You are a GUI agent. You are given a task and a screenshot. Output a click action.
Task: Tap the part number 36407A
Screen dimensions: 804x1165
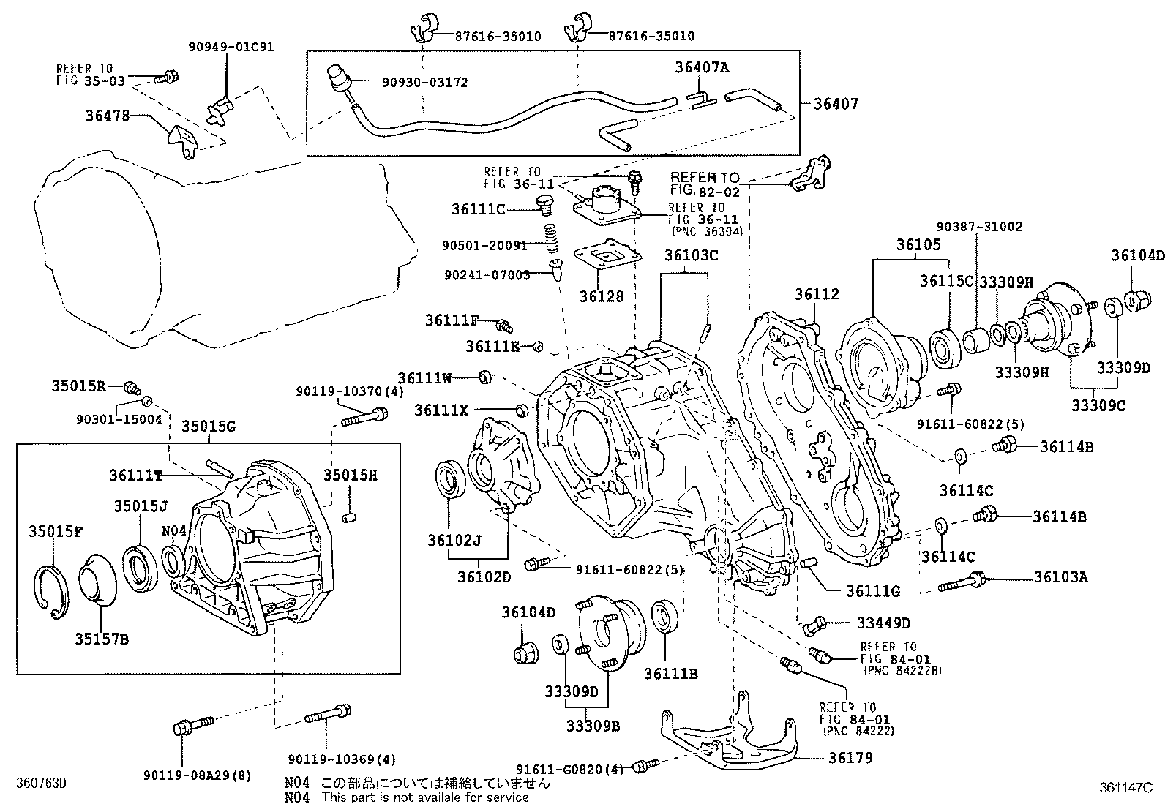click(702, 67)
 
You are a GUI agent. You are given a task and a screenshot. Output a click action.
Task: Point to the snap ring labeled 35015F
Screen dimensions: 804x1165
click(51, 588)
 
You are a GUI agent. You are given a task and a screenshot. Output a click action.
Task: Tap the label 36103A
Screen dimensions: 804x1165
click(1060, 577)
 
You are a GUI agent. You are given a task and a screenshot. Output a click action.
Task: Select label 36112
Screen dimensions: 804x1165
click(817, 295)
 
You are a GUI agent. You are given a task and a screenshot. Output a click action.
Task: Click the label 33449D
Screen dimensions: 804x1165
click(883, 623)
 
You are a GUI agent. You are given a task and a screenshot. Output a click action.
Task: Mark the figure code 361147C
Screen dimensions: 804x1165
click(1125, 789)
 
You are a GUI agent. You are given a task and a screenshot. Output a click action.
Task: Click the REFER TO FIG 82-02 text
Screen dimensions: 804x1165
click(704, 184)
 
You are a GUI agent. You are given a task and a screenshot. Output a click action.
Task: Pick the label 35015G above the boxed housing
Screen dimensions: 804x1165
click(209, 427)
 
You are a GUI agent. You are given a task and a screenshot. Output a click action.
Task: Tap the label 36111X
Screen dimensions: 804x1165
click(441, 410)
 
